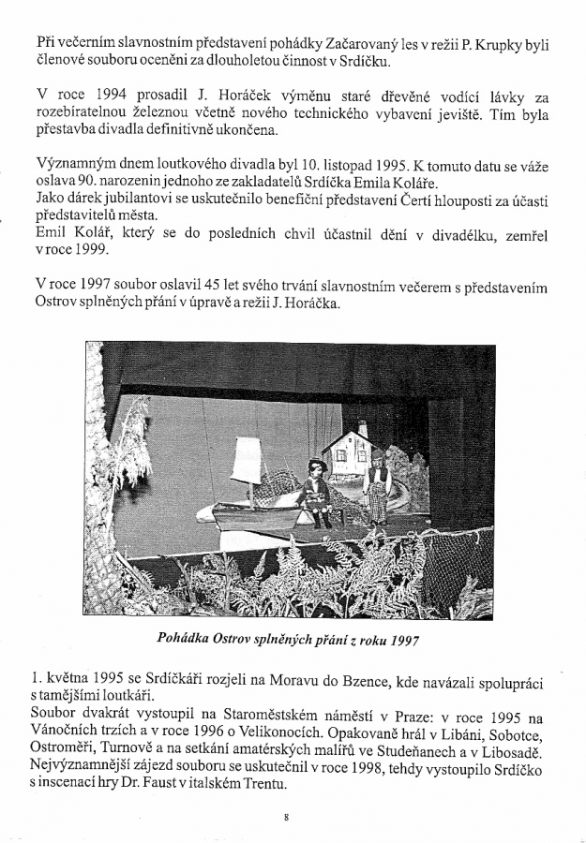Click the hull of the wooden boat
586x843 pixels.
[x=258, y=515]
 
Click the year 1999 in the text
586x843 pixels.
[x=90, y=252]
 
